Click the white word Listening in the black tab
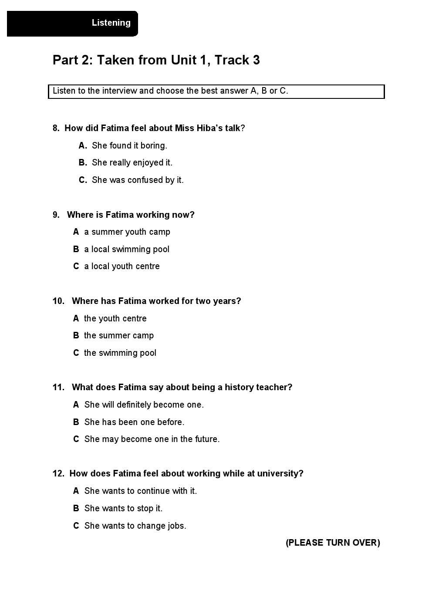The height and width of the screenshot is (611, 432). click(x=111, y=23)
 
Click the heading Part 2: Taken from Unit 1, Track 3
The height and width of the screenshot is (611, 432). click(x=156, y=60)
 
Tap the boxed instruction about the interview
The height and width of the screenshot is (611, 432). click(x=170, y=91)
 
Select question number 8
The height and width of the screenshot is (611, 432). click(x=56, y=128)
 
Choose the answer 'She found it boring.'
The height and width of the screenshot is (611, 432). click(x=129, y=145)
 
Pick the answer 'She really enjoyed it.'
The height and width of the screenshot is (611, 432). click(x=132, y=162)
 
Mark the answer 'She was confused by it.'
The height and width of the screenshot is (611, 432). click(x=138, y=180)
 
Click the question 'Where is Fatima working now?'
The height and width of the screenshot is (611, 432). click(x=131, y=215)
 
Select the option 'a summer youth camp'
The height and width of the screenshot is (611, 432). click(x=127, y=232)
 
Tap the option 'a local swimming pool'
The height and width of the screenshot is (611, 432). click(x=127, y=249)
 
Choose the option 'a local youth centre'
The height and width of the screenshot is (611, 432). click(x=122, y=266)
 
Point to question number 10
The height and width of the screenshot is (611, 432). click(x=58, y=301)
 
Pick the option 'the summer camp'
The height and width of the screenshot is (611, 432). click(x=119, y=335)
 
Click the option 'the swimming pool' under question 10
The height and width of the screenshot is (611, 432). click(x=120, y=353)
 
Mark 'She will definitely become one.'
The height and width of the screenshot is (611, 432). click(x=144, y=405)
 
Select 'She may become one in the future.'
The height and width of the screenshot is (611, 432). click(x=152, y=439)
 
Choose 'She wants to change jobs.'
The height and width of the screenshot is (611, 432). click(x=135, y=526)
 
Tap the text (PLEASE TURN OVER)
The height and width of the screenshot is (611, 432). click(x=333, y=543)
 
